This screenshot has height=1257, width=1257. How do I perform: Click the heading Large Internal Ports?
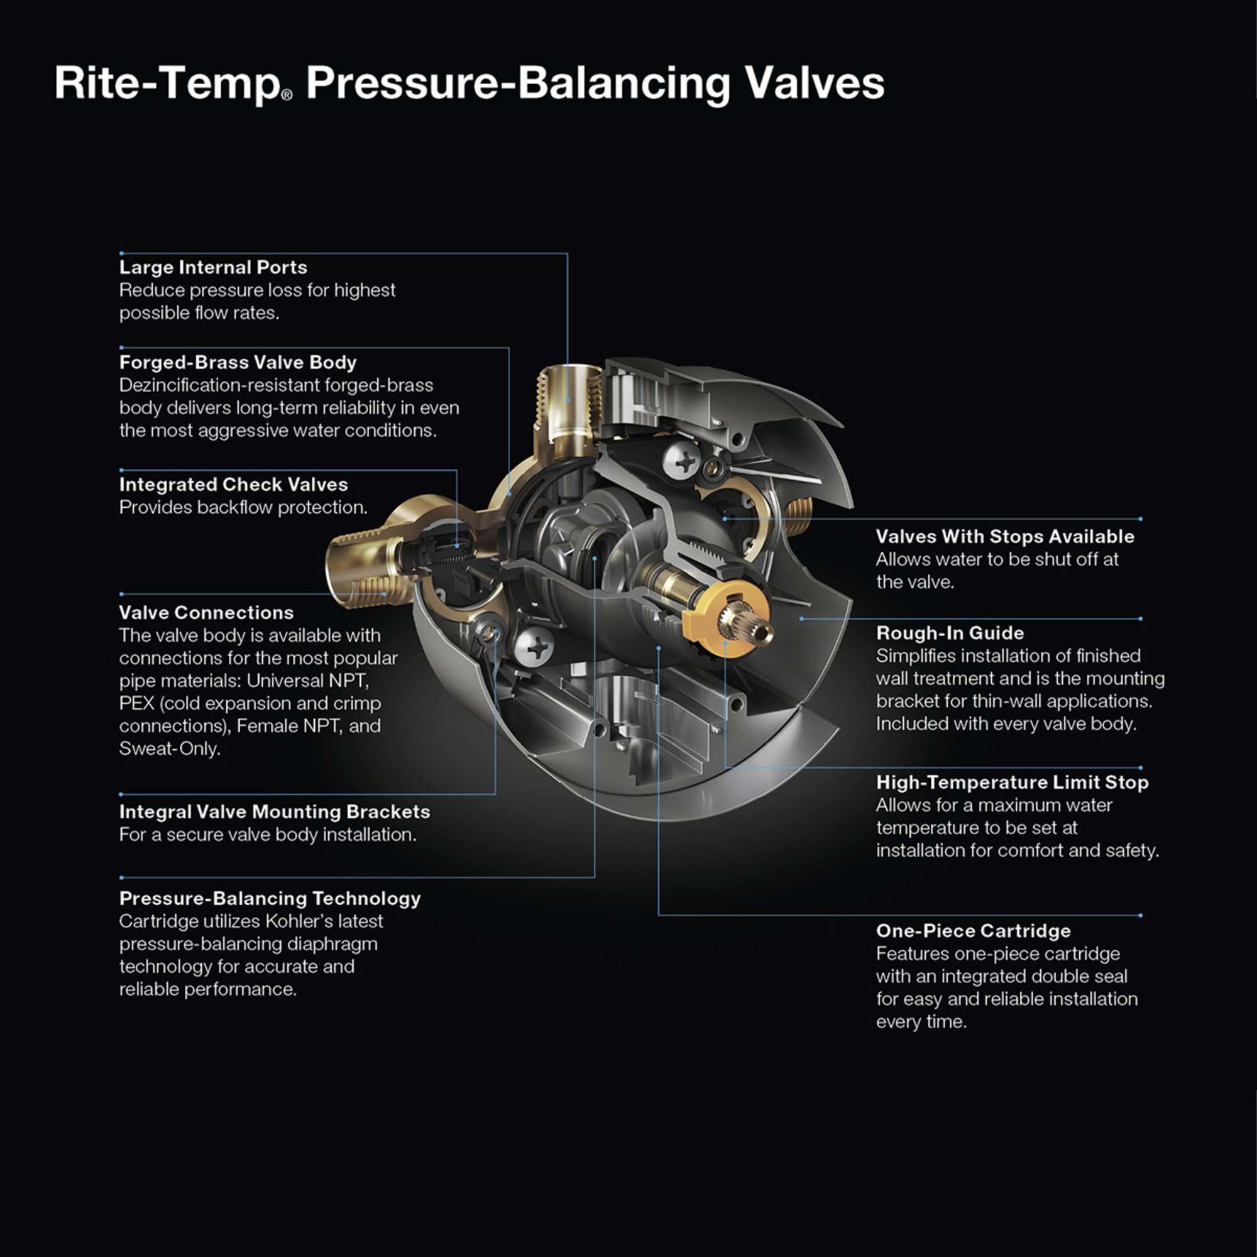(x=213, y=267)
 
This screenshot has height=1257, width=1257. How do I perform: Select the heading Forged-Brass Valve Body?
(x=238, y=363)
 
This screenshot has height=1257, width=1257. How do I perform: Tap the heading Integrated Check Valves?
(x=233, y=485)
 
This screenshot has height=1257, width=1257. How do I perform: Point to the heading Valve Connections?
(x=206, y=613)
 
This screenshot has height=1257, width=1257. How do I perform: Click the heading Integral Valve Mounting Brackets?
(x=274, y=812)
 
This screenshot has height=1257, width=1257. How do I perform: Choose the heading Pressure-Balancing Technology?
(x=270, y=899)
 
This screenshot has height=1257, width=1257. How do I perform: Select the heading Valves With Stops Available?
(x=1004, y=537)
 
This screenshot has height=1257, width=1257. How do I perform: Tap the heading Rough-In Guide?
(x=949, y=633)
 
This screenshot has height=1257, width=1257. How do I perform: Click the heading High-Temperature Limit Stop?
(x=1012, y=782)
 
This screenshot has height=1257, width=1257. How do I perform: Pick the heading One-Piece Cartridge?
(x=973, y=931)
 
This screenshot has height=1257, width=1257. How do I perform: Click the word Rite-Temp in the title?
(x=167, y=84)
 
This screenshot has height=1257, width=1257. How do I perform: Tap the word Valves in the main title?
(x=814, y=84)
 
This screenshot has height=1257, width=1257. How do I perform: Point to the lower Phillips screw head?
(x=534, y=647)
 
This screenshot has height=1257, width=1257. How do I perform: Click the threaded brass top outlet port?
(x=568, y=403)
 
